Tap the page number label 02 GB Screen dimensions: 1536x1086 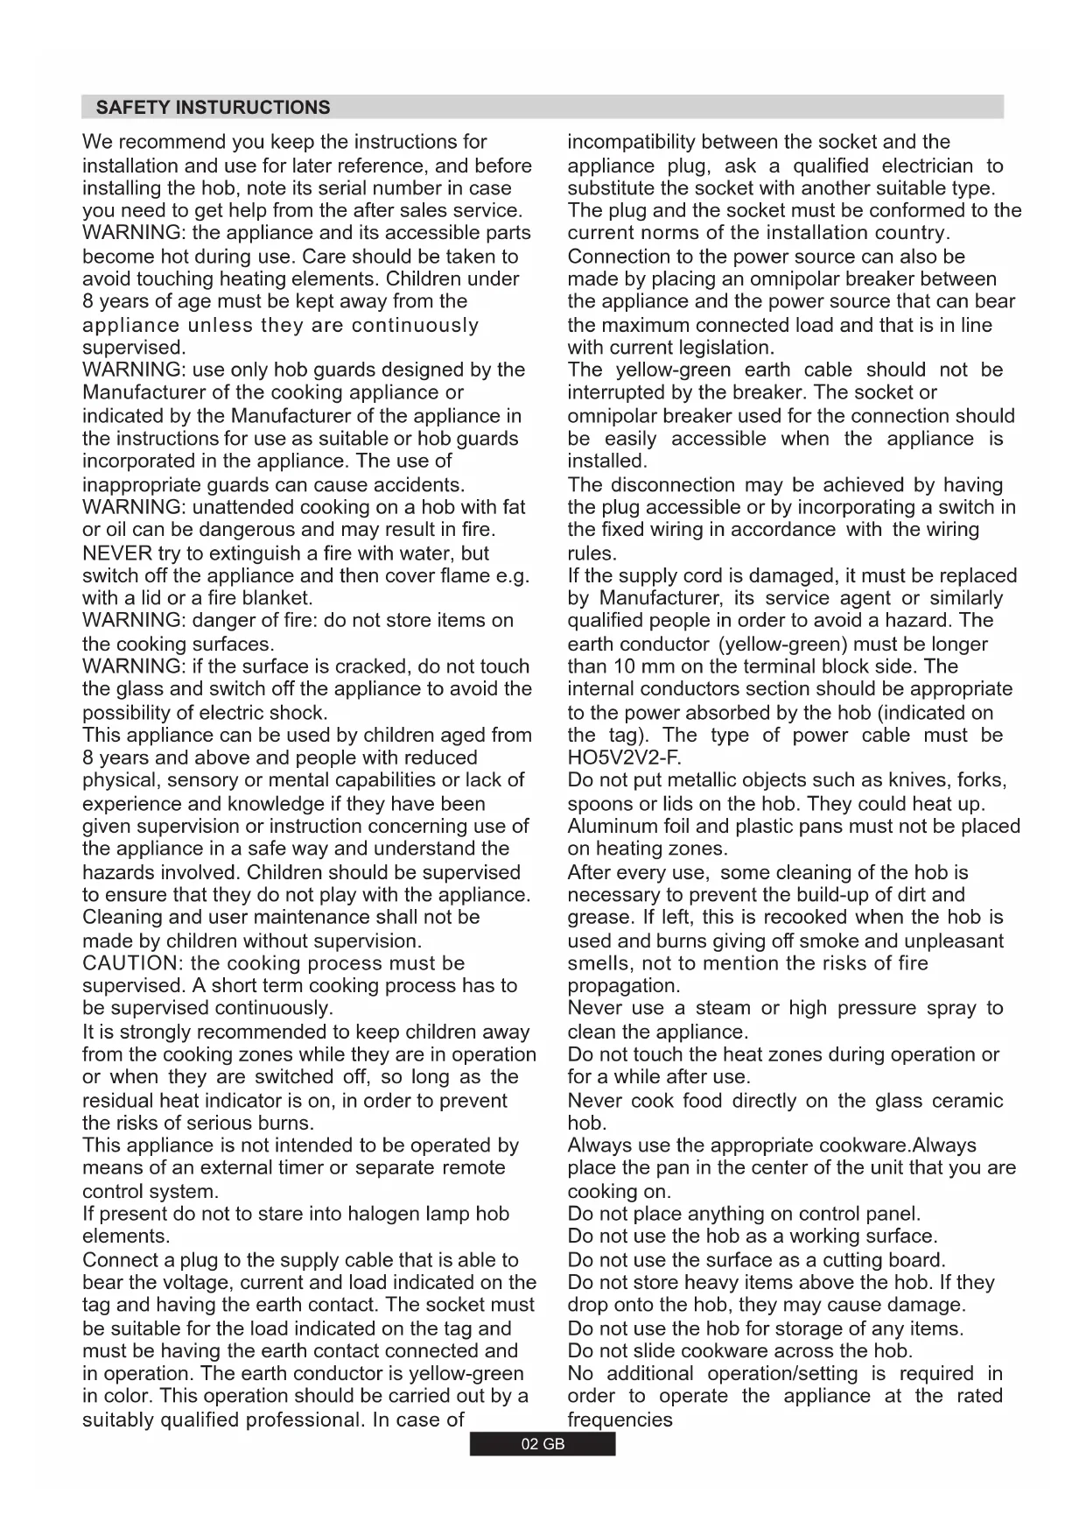pos(543,1444)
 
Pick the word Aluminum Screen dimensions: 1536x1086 pos(610,826)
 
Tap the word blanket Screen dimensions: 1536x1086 pos(273,598)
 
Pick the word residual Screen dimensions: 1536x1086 pos(119,1101)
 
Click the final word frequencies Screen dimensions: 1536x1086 pos(620,1420)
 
